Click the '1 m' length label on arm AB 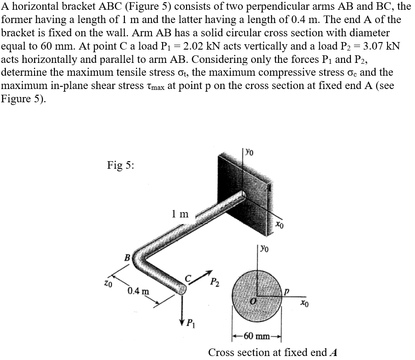pyautogui.click(x=179, y=214)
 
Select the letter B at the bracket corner pyautogui.click(x=128, y=257)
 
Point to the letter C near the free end pyautogui.click(x=187, y=278)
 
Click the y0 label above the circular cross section pyautogui.click(x=264, y=248)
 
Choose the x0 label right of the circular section pyautogui.click(x=303, y=304)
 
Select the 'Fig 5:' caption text pyautogui.click(x=121, y=165)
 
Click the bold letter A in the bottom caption pyautogui.click(x=334, y=352)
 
